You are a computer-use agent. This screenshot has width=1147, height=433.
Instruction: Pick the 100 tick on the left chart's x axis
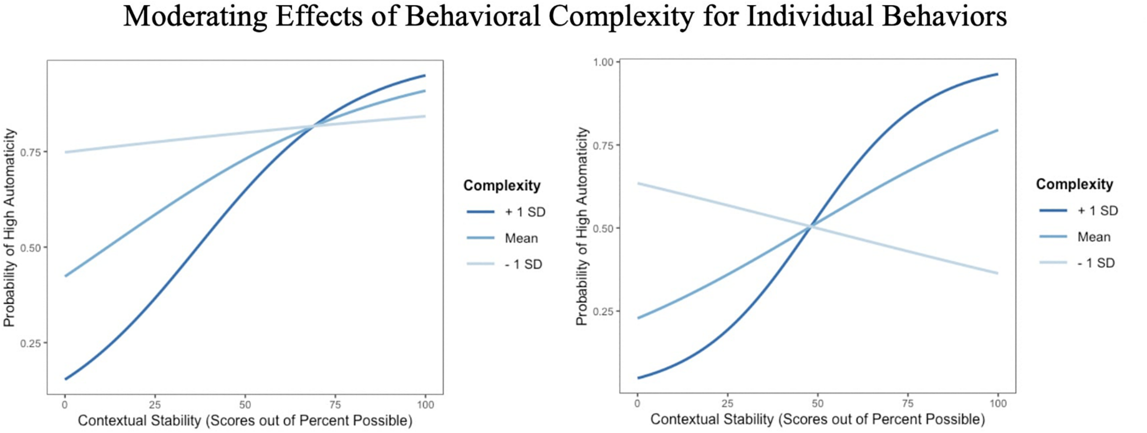coord(425,405)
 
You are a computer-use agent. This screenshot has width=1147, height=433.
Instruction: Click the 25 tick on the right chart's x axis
coord(727,404)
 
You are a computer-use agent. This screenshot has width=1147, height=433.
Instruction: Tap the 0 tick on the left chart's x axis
coord(65,405)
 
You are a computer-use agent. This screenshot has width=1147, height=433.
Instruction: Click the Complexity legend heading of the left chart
coord(501,186)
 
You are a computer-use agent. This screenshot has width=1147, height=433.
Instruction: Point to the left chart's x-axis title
coord(245,421)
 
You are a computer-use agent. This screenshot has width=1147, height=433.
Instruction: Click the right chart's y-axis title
coord(582,226)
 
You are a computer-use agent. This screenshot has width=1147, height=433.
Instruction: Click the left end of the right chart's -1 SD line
coord(638,184)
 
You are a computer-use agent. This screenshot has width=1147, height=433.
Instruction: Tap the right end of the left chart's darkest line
coord(425,76)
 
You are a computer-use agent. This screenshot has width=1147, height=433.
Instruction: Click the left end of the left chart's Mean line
coord(65,276)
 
